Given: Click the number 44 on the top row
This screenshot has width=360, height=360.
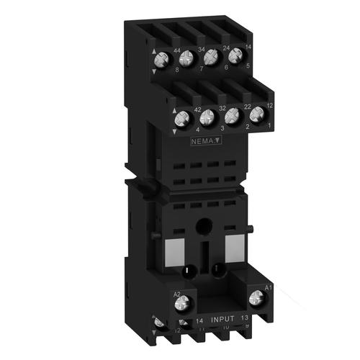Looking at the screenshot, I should pos(177,50).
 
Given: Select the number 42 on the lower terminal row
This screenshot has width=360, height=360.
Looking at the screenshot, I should pos(196,109).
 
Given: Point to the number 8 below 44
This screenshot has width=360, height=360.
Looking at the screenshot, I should pos(177,70).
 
